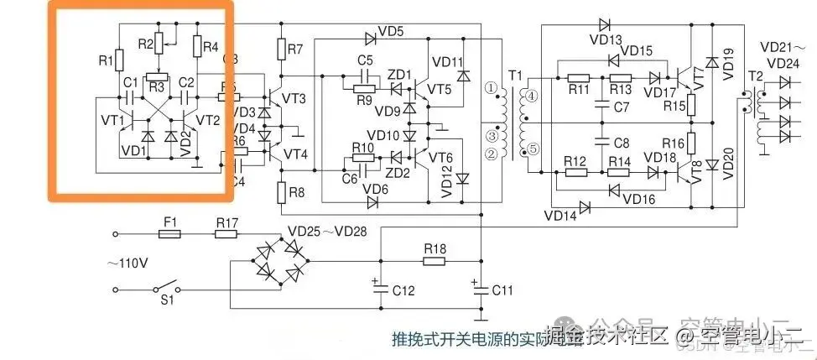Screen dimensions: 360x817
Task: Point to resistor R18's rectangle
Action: (x=434, y=261)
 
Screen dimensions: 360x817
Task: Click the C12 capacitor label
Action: (x=403, y=290)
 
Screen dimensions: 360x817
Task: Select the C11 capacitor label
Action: (x=502, y=290)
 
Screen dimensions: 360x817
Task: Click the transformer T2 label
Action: (x=754, y=76)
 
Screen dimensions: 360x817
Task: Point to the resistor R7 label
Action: (x=294, y=50)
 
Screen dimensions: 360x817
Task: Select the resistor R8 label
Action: (x=295, y=191)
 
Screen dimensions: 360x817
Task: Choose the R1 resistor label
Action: (x=105, y=60)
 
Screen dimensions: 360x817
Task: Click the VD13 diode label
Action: (x=610, y=39)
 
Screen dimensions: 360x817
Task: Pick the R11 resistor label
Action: (x=577, y=89)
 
